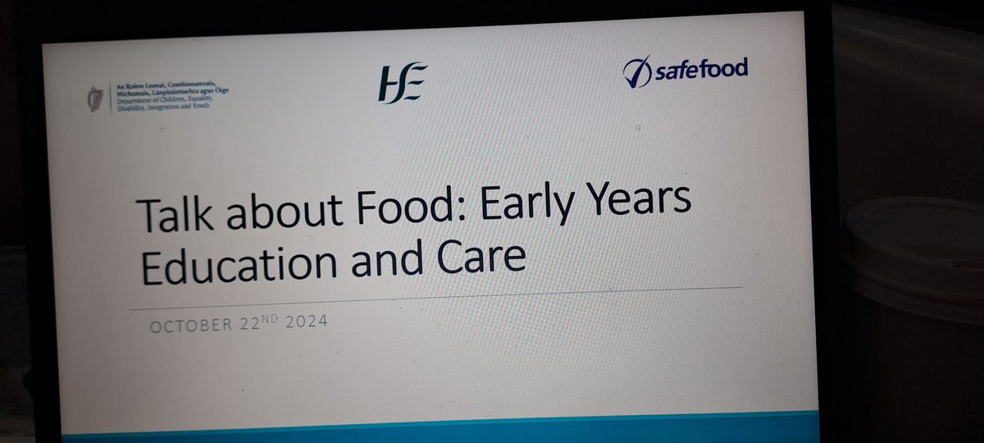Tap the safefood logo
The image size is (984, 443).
685,71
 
